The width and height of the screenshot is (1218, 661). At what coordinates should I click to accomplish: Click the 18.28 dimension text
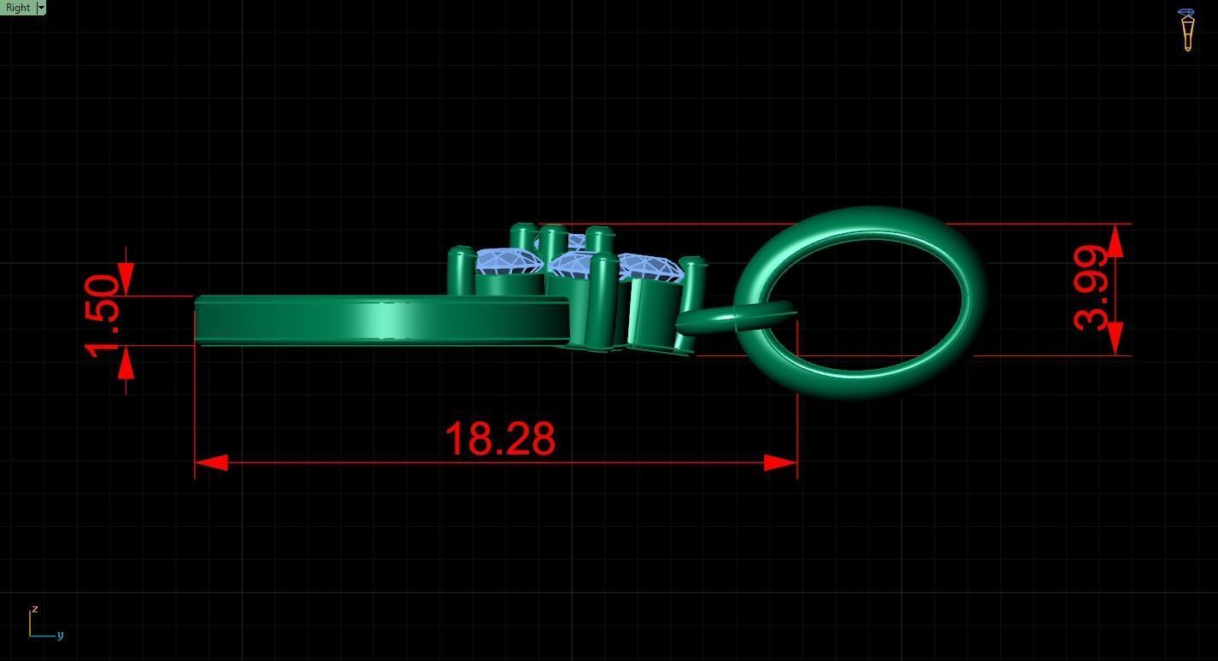tap(500, 438)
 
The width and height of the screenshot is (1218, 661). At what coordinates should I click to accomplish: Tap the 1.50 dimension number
tap(103, 315)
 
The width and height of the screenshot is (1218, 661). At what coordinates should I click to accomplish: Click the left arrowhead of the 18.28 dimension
tap(211, 463)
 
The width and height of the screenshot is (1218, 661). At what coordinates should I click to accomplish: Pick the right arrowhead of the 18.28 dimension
tap(780, 463)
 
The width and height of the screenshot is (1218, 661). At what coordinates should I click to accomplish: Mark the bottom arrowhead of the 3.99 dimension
tap(1115, 339)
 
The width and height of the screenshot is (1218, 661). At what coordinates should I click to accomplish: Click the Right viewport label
tap(17, 8)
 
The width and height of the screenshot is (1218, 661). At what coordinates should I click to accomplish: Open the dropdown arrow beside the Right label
tap(40, 8)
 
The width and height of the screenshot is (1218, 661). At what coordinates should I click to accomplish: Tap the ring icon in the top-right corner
tap(1187, 29)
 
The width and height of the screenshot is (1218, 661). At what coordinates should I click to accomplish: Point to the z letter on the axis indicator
tap(34, 609)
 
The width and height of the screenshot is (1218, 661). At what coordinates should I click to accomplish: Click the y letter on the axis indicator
tap(60, 635)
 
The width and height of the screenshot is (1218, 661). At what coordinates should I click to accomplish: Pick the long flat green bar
tap(376, 320)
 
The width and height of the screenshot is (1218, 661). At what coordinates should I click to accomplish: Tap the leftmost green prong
tap(461, 272)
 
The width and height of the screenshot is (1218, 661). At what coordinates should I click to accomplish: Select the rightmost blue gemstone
tap(651, 267)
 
